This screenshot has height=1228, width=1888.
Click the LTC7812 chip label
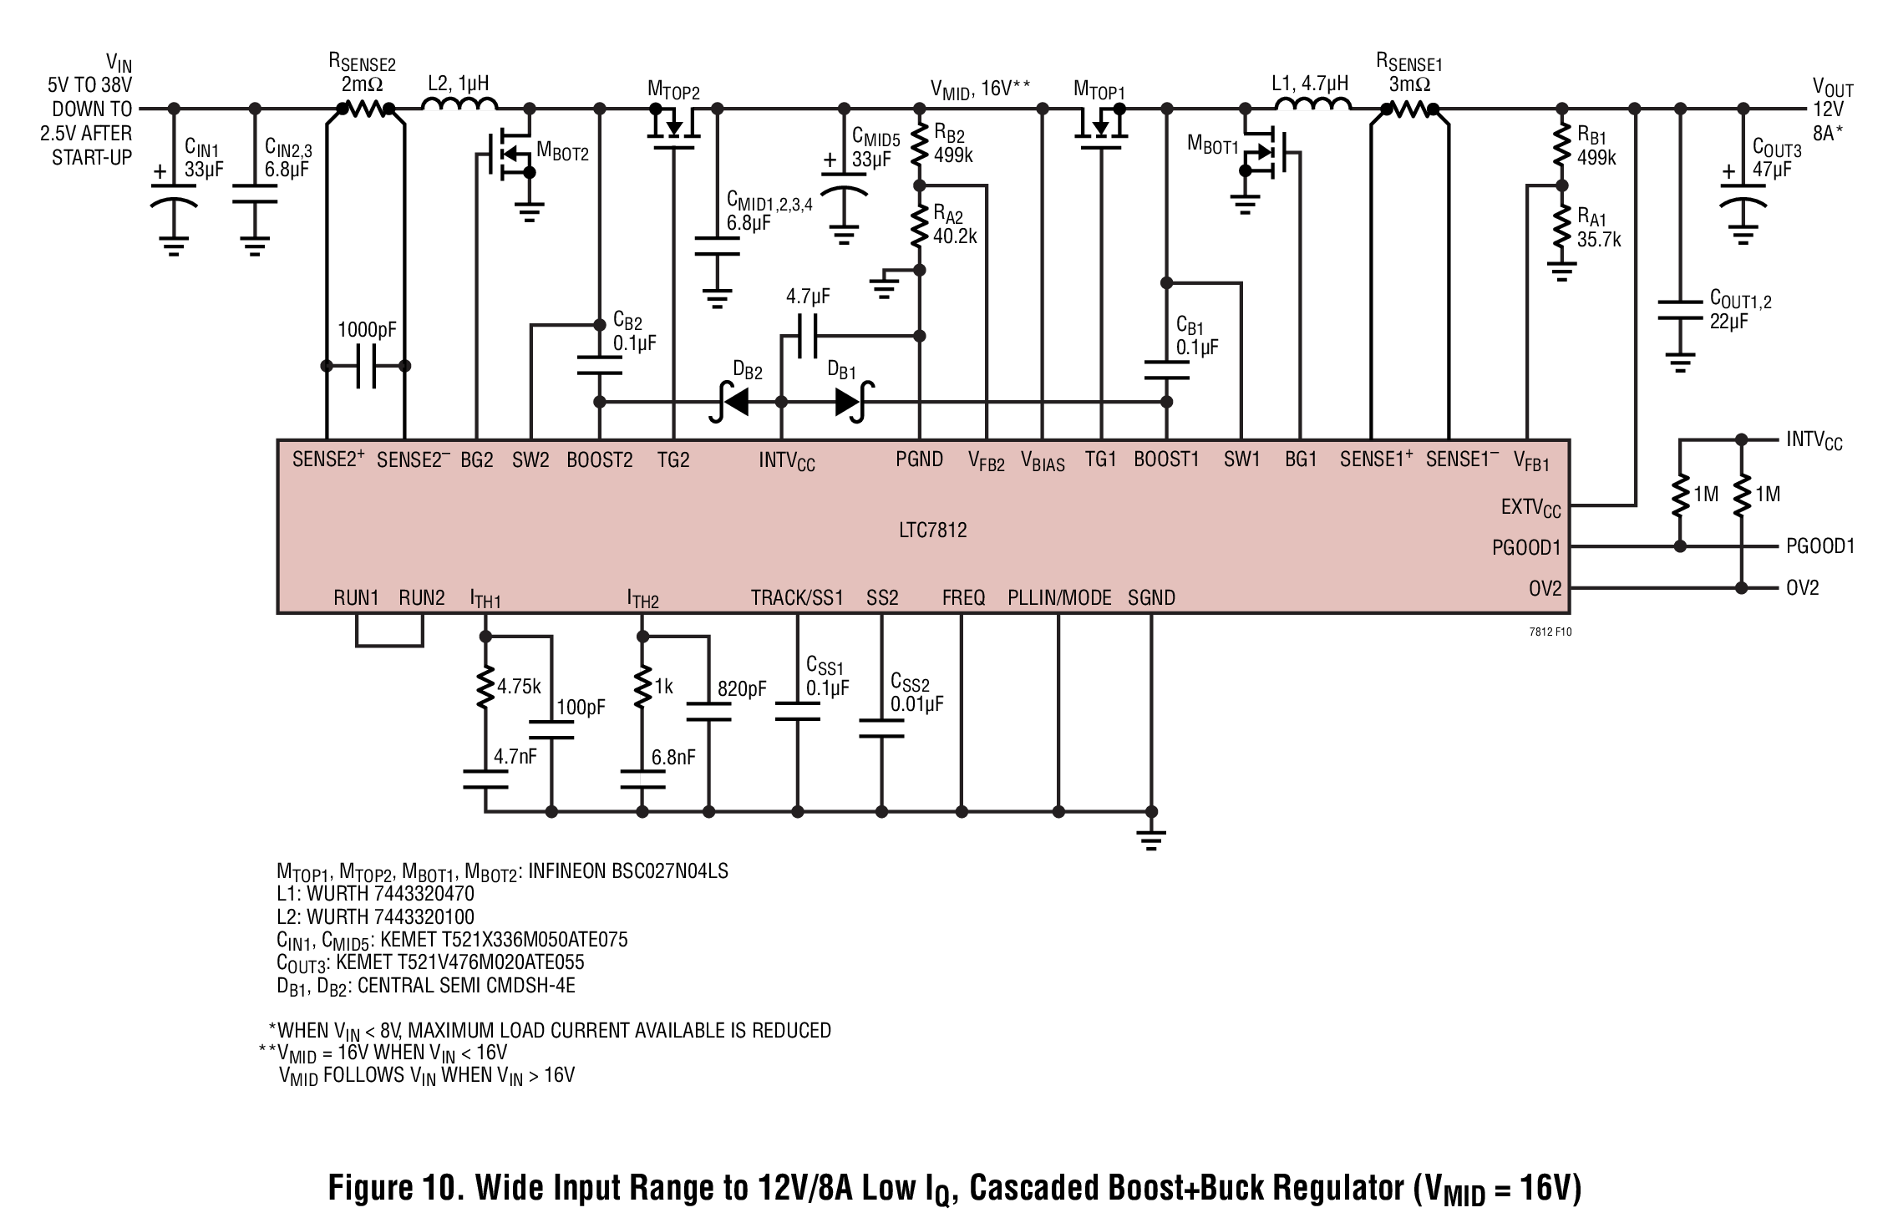pos(933,530)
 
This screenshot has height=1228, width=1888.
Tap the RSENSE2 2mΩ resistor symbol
pos(366,109)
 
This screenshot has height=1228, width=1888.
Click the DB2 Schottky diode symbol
pos(730,402)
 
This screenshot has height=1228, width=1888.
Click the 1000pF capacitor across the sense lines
pos(366,366)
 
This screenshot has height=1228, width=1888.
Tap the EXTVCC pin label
pos(1530,508)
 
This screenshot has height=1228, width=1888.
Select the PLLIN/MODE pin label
pos(1059,598)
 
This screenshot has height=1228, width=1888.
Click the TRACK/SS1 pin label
pos(797,598)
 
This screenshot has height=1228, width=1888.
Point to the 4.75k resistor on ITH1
pos(485,687)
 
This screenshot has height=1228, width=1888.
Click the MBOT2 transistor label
pos(562,151)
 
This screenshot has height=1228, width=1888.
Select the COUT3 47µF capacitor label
pos(1777,159)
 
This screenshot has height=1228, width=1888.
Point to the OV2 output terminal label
pos(1802,588)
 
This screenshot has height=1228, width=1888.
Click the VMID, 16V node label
pos(981,89)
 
